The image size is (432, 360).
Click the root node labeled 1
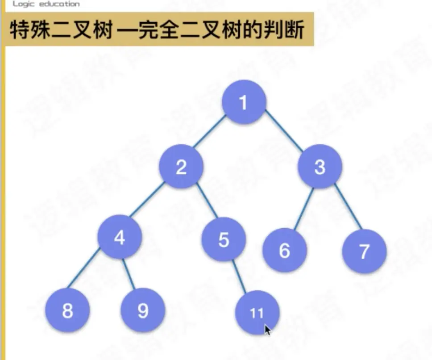[x=244, y=102]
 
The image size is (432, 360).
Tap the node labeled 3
[x=320, y=167]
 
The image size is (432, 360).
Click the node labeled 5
[x=224, y=241]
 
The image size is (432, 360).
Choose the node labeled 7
[x=364, y=251]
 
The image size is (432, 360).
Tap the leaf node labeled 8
[x=67, y=310]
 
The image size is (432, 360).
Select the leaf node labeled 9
[x=143, y=310]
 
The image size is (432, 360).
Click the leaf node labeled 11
[x=257, y=313]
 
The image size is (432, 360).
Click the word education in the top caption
[x=58, y=4]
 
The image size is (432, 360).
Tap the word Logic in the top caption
[x=22, y=4]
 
